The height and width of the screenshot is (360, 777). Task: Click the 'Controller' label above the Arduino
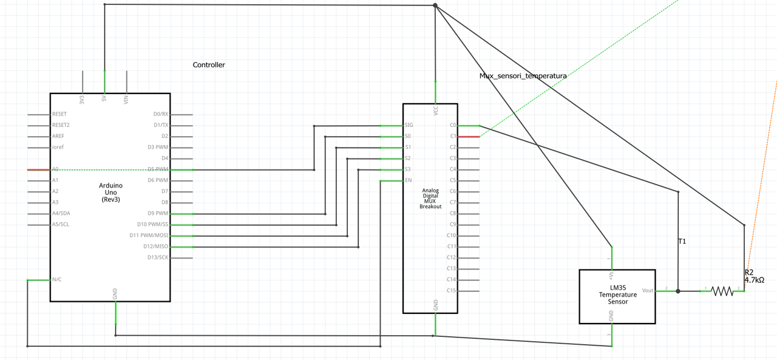(209, 65)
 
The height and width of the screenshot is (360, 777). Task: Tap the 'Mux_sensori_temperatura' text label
(523, 76)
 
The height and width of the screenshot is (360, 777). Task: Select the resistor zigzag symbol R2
(722, 291)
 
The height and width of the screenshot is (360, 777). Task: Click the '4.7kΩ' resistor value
(754, 280)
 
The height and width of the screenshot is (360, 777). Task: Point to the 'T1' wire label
(682, 242)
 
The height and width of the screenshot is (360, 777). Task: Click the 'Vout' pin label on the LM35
(648, 291)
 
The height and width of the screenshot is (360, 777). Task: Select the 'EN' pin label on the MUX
(408, 180)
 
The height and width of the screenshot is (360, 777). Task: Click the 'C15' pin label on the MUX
(451, 291)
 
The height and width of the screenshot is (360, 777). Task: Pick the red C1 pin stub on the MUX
(469, 137)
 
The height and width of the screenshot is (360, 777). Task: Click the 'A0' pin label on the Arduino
(55, 169)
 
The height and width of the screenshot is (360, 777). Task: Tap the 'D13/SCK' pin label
(157, 257)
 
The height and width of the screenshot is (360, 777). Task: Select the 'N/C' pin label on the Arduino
(56, 280)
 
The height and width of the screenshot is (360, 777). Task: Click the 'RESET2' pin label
(61, 125)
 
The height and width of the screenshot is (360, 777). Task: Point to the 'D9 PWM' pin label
(158, 214)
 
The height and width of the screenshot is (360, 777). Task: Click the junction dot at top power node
(435, 5)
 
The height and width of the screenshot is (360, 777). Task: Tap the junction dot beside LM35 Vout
(678, 291)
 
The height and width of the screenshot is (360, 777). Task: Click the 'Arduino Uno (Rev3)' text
(110, 192)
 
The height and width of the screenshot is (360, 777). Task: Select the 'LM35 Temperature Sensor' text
(617, 294)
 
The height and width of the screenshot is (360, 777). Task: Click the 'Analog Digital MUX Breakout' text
(430, 199)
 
